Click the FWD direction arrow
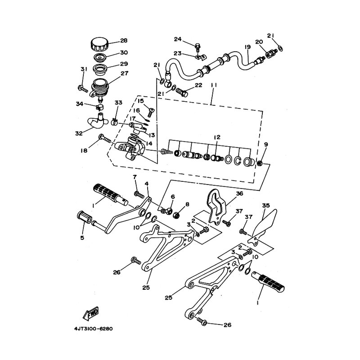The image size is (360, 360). pos(91,313)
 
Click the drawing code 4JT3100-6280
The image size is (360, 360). pos(94,329)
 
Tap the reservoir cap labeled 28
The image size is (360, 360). pos(99,45)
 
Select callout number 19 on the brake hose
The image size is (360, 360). pos(248,47)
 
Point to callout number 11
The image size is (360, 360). pos(214,85)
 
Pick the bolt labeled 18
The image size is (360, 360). pos(105,138)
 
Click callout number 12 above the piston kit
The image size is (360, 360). pos(217,137)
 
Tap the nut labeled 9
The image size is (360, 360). pos(260,163)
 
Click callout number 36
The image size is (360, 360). pos(240,193)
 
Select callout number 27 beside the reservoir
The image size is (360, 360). pos(125,73)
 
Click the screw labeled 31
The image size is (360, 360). pos(83,88)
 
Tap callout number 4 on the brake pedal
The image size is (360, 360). pos(147,184)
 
